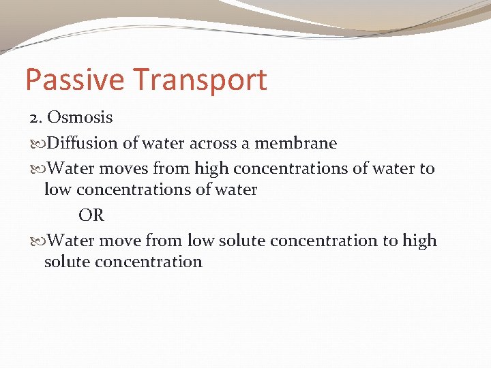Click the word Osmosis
tap(80, 117)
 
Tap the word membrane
tap(296, 143)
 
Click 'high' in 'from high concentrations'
tap(211, 168)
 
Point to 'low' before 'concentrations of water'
tap(57, 189)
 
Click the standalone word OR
tap(91, 215)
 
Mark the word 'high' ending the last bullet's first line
tap(419, 241)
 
